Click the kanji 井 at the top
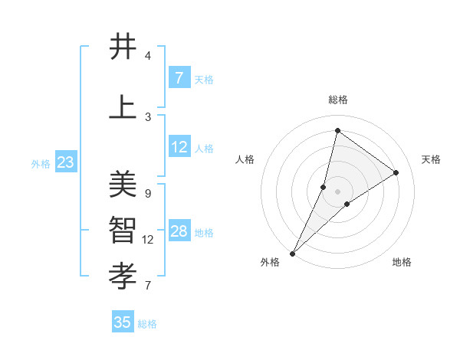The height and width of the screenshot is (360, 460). (x=123, y=47)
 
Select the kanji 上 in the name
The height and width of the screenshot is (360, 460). (x=123, y=107)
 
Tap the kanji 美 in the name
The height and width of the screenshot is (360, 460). (x=123, y=185)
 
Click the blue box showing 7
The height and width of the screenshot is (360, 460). (x=179, y=78)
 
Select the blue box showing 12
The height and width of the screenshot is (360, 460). (x=179, y=148)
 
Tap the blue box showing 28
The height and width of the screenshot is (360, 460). (x=179, y=232)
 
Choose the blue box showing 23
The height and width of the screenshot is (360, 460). (x=65, y=162)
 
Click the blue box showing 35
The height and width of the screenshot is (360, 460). (x=123, y=322)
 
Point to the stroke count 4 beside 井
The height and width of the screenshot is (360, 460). (x=147, y=56)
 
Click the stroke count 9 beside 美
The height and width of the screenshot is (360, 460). (x=147, y=193)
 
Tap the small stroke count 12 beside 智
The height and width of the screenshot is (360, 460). (x=148, y=240)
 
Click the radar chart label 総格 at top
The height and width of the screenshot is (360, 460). (x=337, y=100)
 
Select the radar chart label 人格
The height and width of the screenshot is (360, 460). (x=245, y=159)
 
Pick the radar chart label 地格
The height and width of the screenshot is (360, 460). (x=402, y=263)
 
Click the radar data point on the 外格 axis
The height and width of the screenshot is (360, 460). (x=292, y=253)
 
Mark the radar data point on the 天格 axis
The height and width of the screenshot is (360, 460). (x=396, y=172)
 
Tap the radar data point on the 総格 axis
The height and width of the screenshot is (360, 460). (x=337, y=130)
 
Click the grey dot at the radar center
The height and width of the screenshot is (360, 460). (x=337, y=191)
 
